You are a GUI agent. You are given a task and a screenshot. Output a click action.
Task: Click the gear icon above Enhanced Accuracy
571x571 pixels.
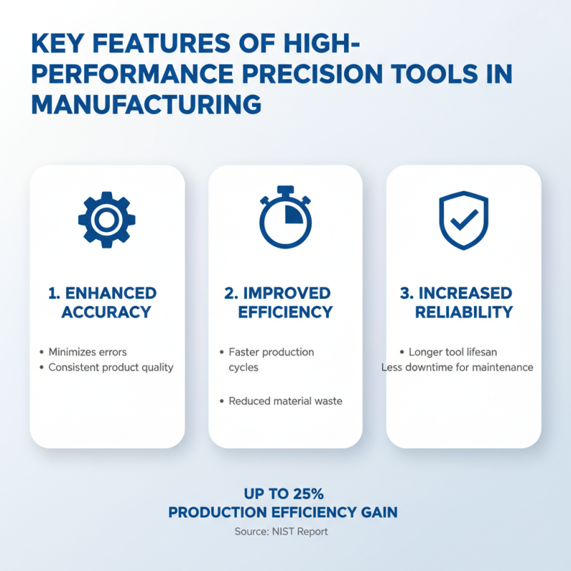click(x=106, y=219)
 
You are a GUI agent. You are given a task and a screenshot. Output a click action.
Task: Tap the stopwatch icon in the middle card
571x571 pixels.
click(x=285, y=219)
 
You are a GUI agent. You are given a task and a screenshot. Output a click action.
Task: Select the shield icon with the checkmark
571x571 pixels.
click(x=463, y=219)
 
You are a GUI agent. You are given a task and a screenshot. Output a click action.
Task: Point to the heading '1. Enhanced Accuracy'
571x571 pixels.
click(x=106, y=303)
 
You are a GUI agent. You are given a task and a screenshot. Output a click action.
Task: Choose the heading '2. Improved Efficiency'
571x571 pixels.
click(x=285, y=303)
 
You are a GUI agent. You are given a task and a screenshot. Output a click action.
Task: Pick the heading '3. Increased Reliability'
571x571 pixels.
click(x=464, y=303)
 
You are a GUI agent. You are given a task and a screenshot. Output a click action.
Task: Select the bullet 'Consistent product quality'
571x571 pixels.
click(x=111, y=368)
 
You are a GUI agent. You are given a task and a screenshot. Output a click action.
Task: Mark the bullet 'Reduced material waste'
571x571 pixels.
click(x=285, y=401)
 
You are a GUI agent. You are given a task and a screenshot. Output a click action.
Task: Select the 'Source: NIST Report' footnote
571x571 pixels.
click(x=281, y=532)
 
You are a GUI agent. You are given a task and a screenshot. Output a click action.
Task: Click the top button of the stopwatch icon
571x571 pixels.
click(x=285, y=191)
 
